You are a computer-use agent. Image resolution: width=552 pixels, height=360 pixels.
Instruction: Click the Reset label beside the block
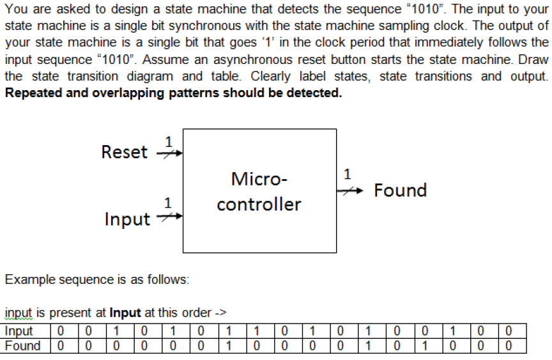(124, 152)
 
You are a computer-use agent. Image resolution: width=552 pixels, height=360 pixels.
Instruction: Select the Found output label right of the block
(400, 190)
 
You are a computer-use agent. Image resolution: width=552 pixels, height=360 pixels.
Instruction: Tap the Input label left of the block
(127, 219)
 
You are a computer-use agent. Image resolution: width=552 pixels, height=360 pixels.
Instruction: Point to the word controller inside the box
(259, 205)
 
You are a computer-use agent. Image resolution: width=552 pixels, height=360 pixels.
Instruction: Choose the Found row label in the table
(22, 346)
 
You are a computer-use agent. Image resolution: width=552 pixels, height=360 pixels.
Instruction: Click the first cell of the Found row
(59, 346)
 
